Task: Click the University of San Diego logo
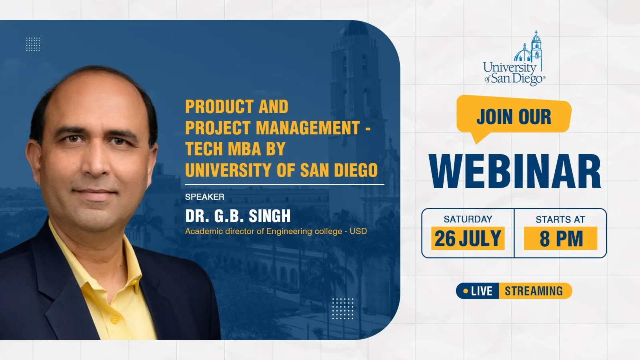514,58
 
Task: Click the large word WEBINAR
515,172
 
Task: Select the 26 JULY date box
468,238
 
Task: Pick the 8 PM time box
560,238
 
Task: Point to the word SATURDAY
468,219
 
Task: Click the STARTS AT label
560,220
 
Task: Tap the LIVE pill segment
478,291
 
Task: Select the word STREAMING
534,291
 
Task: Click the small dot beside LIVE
466,291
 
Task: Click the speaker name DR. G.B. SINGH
238,216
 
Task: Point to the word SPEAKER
204,197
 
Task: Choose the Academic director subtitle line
276,231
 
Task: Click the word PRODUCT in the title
219,106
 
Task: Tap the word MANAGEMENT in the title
308,128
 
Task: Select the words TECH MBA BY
236,148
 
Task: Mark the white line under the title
284,184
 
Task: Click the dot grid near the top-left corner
33,44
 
